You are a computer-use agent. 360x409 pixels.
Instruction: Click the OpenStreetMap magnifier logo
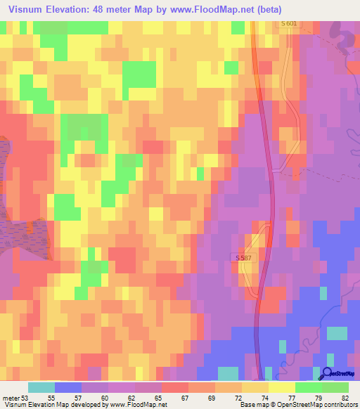(326, 373)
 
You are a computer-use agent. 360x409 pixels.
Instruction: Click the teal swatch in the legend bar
(41, 387)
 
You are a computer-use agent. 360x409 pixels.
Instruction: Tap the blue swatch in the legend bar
(68, 387)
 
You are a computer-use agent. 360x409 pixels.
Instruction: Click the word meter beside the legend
(11, 398)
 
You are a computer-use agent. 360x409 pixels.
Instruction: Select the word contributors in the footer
(337, 405)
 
